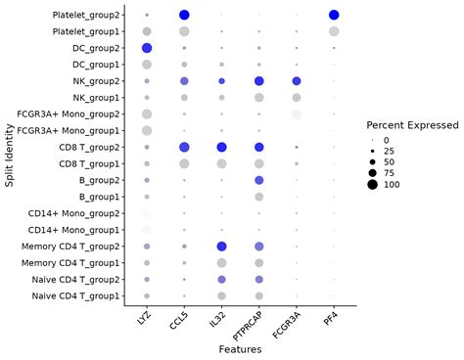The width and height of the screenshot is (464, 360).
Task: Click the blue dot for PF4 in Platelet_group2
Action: coord(334,15)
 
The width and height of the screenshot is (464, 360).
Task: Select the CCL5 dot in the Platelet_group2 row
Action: coord(184,15)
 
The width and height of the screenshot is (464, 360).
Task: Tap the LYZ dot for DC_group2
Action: coord(147,48)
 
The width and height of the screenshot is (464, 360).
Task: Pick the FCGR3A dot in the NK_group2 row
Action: coord(297,81)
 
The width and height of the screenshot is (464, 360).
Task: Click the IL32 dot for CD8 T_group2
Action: coord(221,147)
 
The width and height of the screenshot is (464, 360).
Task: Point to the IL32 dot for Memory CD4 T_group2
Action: coord(221,247)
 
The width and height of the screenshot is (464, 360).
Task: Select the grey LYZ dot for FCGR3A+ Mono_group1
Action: coord(147,130)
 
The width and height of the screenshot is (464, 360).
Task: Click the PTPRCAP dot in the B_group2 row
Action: coord(258,180)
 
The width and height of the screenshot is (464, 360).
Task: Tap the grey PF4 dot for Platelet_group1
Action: coord(334,31)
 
